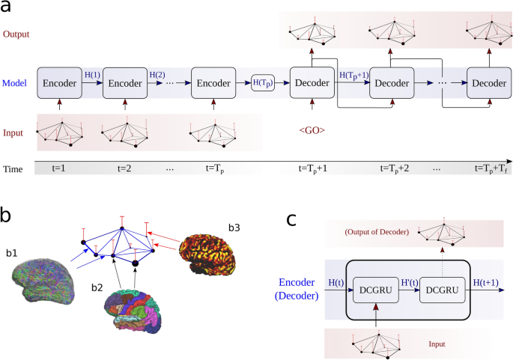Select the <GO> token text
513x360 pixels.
coord(312,129)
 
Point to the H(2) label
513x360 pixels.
coord(157,75)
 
